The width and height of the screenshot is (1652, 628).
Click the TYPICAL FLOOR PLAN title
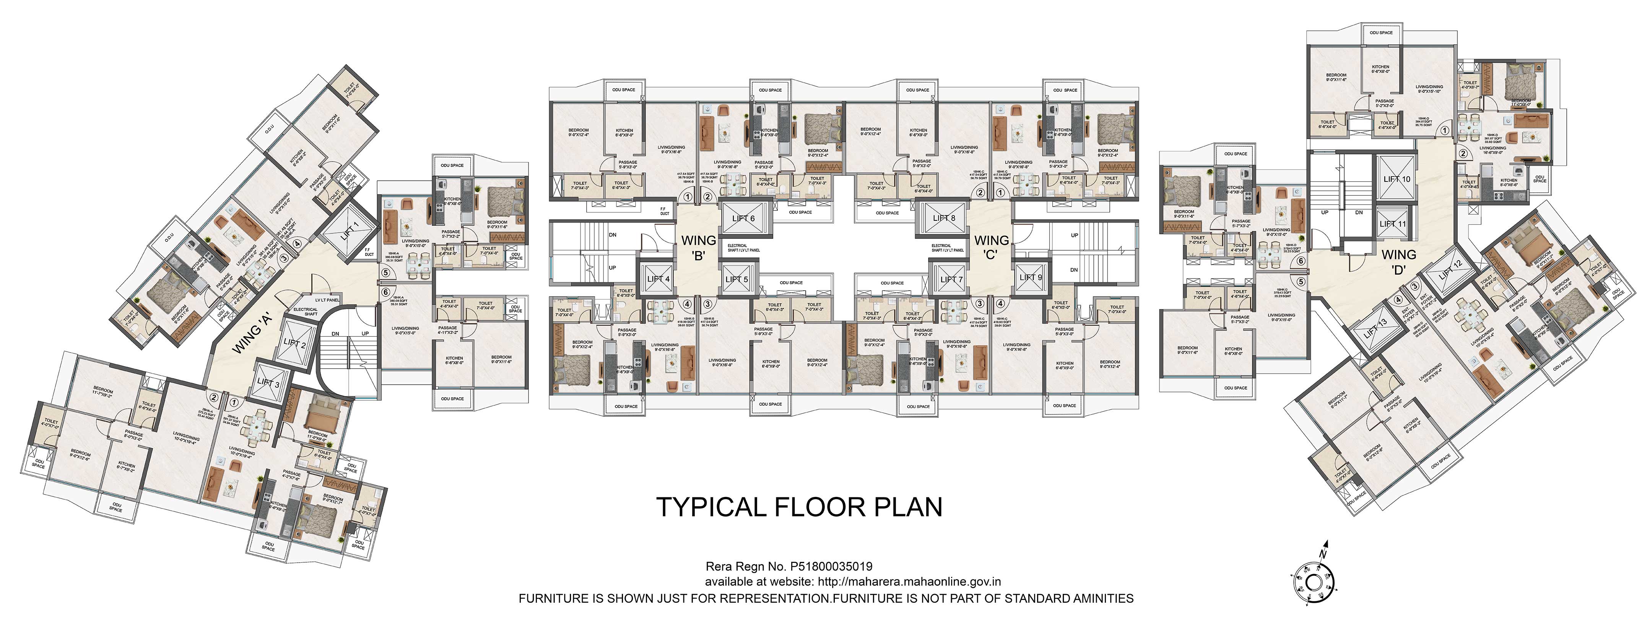coord(799,507)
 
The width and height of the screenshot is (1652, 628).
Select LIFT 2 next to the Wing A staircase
coord(295,343)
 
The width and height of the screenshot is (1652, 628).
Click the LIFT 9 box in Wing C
coord(1031,277)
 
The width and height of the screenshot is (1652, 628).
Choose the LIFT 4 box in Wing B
coord(658,279)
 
